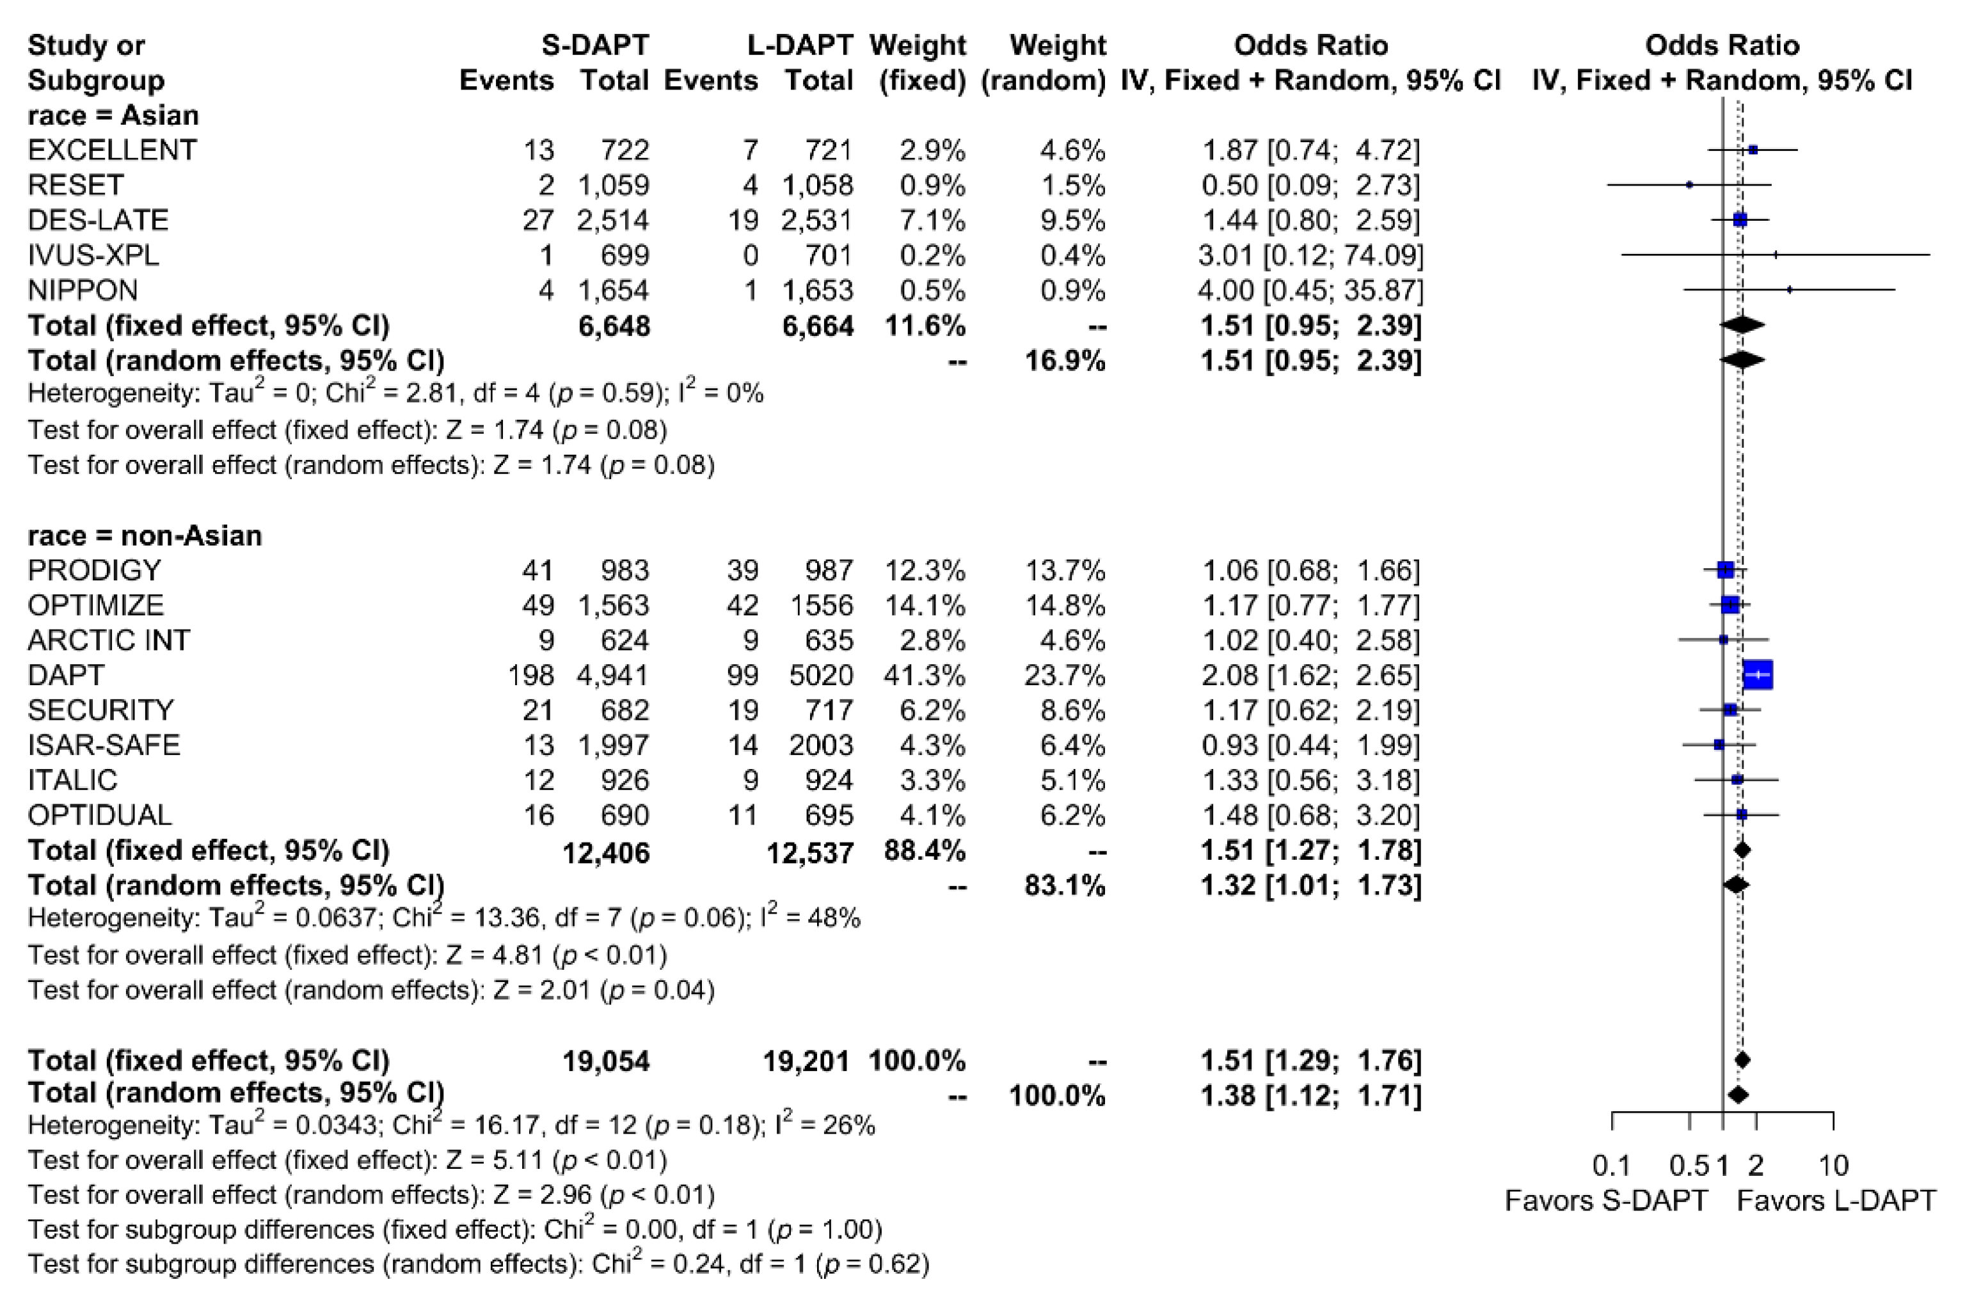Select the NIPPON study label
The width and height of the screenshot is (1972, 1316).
83,290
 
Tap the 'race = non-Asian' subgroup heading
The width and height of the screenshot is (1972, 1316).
145,535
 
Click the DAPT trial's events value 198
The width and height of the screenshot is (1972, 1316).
530,676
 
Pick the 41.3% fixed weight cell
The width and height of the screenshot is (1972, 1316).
924,676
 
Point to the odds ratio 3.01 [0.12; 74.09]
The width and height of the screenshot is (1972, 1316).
1311,255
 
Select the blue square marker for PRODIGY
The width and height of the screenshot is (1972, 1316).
1725,570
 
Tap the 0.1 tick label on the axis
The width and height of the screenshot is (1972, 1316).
1611,1165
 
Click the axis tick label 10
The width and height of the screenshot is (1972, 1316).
1834,1165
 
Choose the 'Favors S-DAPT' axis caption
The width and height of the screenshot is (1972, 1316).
1606,1201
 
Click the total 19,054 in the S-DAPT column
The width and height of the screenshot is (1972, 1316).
606,1062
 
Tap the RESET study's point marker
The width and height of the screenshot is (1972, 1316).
1689,185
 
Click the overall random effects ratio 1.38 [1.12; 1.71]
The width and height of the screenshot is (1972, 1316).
1311,1096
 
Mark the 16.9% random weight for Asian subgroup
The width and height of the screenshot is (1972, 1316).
1065,361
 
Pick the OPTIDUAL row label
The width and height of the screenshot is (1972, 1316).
99,815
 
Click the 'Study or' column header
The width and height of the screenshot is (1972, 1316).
86,45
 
